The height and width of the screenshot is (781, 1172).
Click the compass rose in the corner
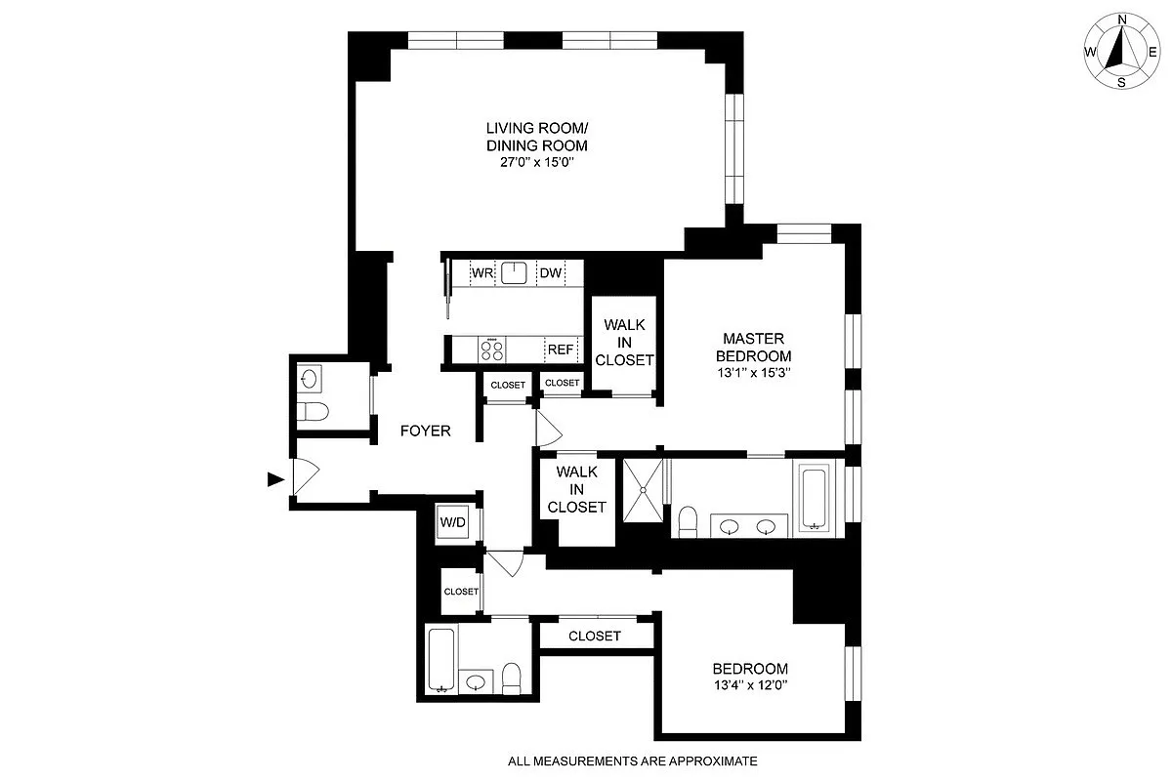[x=1121, y=52]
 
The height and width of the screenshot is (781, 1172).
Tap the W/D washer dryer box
[x=453, y=522]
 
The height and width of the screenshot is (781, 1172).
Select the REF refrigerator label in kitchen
[x=560, y=349]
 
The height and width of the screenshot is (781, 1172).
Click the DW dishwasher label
[x=551, y=273]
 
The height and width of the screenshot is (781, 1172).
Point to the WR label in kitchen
[x=481, y=273]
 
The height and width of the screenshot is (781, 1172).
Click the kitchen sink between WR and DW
[x=515, y=272]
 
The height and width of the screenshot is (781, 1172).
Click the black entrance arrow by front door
[x=275, y=478]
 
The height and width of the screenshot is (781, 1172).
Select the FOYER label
[x=426, y=431]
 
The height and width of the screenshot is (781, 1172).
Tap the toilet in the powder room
[x=313, y=412]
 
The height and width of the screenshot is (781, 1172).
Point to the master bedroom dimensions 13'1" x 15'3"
[x=751, y=372]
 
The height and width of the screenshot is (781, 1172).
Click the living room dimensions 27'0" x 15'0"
[x=536, y=163]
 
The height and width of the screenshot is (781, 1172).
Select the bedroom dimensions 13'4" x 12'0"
[x=749, y=685]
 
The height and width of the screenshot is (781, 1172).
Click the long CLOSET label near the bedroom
[x=595, y=636]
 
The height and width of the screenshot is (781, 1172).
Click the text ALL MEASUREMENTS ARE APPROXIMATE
[x=632, y=760]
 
